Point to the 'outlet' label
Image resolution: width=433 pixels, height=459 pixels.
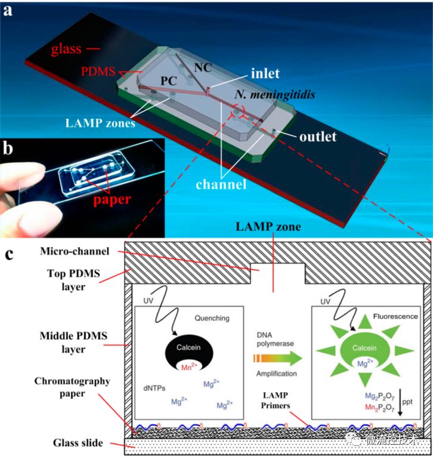[318, 136]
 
